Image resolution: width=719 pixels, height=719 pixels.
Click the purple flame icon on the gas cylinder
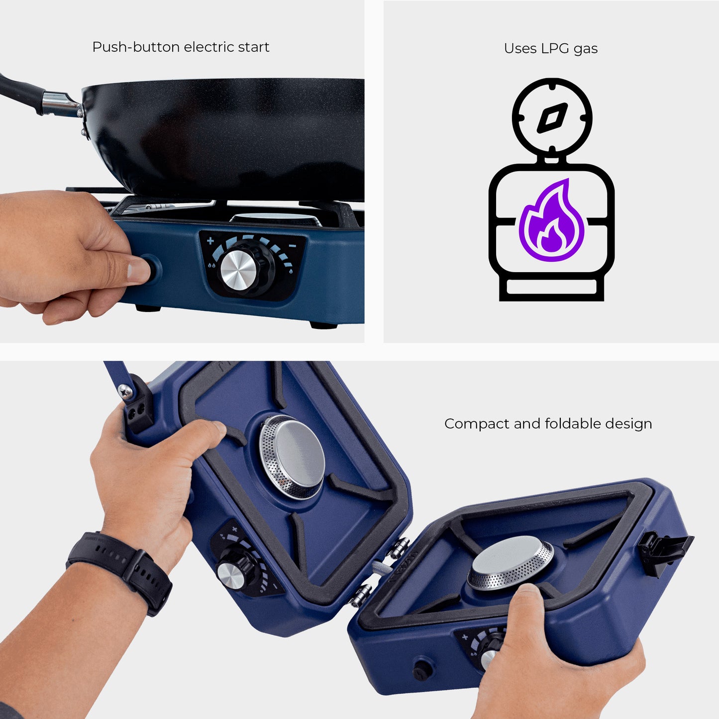tap(551, 220)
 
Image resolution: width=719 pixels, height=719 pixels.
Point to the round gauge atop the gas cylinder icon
tap(552, 117)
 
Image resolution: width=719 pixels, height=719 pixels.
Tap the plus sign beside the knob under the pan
tap(210, 241)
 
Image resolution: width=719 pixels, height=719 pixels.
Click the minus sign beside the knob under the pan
tap(293, 246)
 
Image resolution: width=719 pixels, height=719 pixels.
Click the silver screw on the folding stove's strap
tap(125, 391)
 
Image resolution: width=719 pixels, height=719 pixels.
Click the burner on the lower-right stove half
tap(511, 563)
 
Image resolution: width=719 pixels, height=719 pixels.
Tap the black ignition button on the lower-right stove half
tap(423, 670)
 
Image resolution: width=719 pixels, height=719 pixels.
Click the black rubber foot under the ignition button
tap(148, 308)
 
